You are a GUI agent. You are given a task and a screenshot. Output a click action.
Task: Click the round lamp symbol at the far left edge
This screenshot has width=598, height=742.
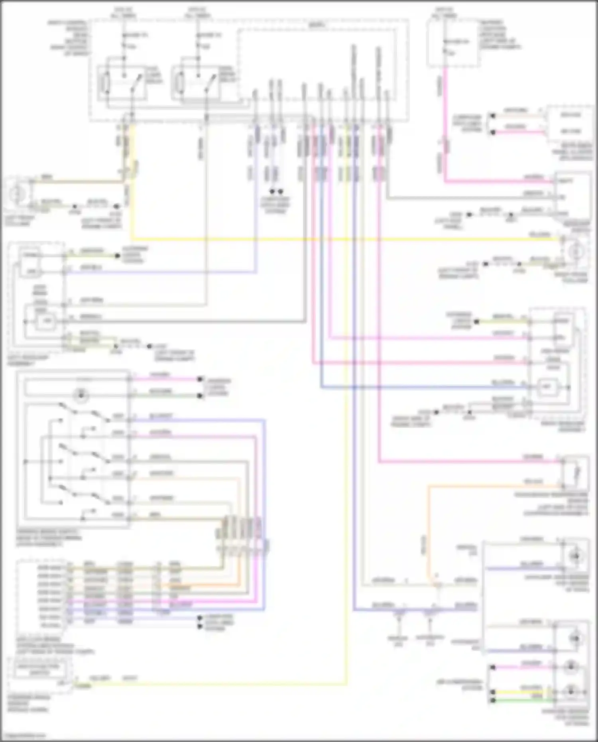pos(17,194)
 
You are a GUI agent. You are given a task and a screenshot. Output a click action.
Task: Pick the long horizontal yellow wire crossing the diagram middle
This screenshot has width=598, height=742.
pos(343,240)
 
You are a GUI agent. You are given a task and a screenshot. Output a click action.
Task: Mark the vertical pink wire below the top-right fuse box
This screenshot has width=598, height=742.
pos(445,120)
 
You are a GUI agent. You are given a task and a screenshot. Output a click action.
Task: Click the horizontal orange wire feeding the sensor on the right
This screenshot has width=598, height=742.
pos(494,486)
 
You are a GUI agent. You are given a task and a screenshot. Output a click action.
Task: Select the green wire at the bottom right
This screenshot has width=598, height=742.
pos(522,701)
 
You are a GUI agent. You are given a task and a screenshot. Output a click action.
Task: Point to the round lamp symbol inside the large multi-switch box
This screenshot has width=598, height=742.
pos(81,395)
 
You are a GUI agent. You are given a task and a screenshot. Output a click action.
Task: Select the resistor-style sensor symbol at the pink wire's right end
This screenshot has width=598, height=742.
pos(576,474)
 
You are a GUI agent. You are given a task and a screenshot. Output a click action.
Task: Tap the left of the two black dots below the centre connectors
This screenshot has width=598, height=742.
pos(272,192)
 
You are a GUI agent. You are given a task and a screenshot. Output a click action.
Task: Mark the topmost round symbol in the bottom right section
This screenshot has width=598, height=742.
pos(575,556)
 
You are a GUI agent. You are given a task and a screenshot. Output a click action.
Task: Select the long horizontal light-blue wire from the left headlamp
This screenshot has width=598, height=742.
pos(159,273)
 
